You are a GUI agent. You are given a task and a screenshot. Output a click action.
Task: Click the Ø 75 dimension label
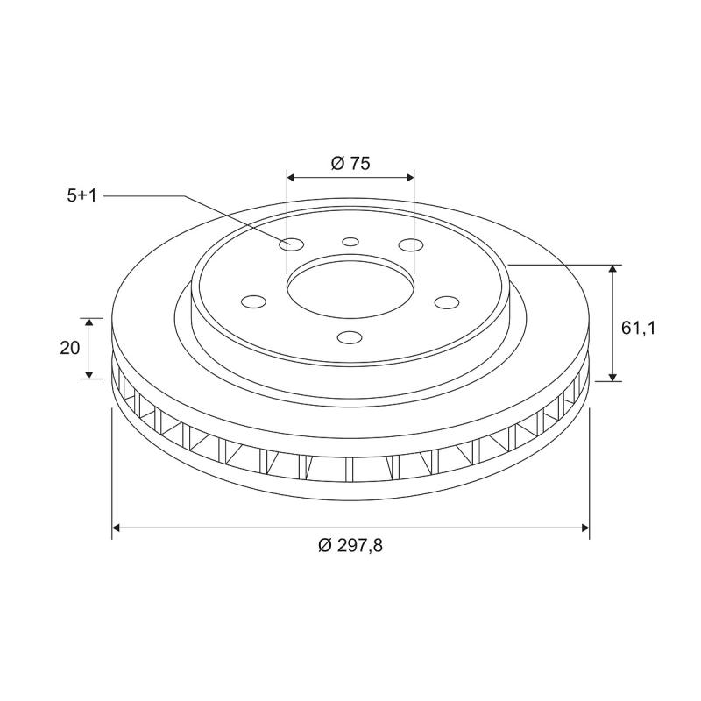tap(350, 163)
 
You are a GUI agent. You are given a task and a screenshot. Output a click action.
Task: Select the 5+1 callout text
tap(81, 195)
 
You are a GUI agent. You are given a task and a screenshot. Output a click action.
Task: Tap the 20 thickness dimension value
tap(71, 348)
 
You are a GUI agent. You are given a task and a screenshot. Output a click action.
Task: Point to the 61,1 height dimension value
tap(639, 329)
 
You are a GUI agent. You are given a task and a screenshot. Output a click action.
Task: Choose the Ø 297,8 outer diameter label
tap(350, 545)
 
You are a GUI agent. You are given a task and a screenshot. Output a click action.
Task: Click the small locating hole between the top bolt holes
tap(350, 241)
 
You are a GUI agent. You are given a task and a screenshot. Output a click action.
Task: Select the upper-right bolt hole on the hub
tap(407, 244)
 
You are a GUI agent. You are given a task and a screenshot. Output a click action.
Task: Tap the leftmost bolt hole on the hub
tap(253, 302)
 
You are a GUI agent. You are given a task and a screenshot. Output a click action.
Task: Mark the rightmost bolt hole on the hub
tap(447, 302)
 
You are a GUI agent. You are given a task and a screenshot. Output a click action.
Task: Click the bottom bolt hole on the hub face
tap(350, 337)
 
